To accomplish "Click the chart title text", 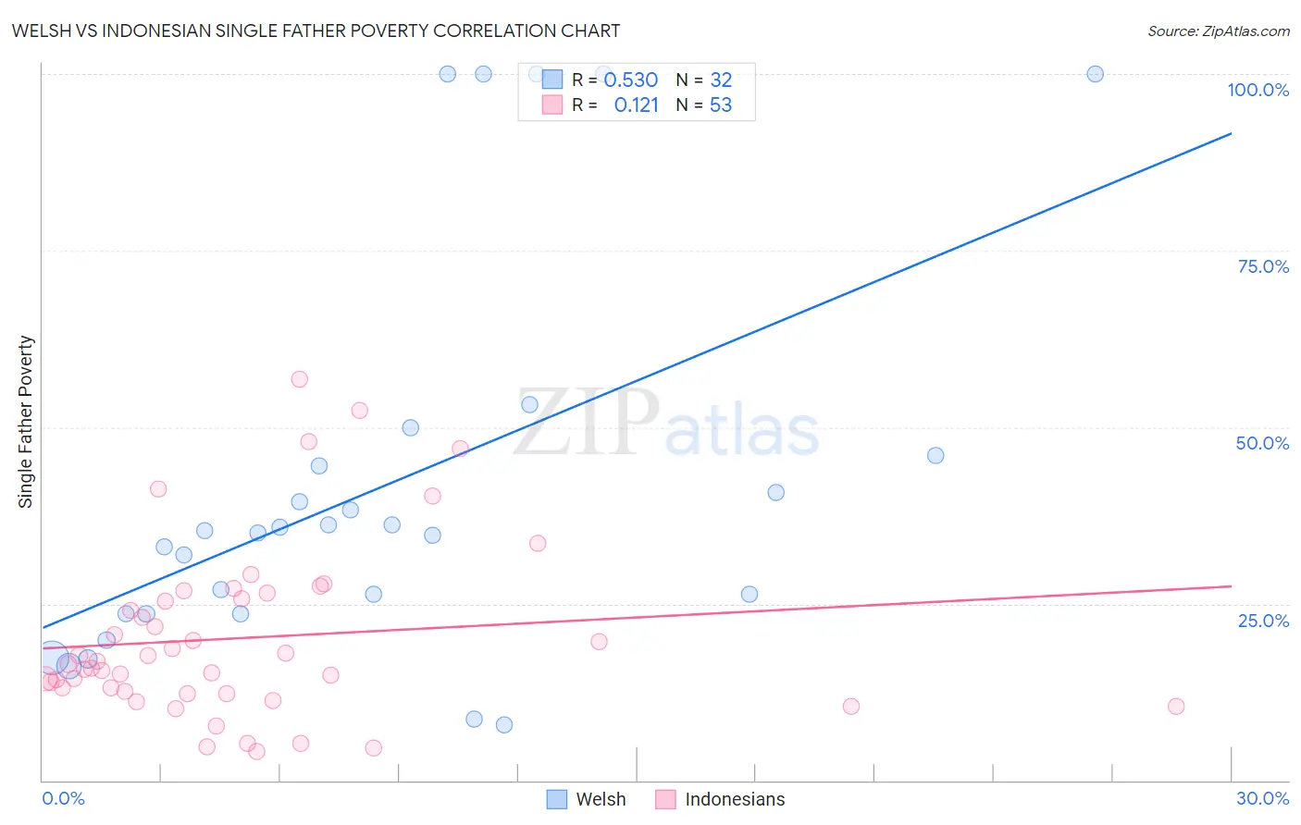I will pyautogui.click(x=316, y=31).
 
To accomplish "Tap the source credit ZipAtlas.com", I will pyautogui.click(x=1218, y=31).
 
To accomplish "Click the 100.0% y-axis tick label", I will pyautogui.click(x=1258, y=90).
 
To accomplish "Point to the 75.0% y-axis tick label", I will pyautogui.click(x=1263, y=266).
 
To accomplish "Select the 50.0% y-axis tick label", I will pyautogui.click(x=1262, y=443).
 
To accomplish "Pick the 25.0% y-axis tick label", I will pyautogui.click(x=1263, y=620).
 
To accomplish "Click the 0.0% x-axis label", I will pyautogui.click(x=63, y=798).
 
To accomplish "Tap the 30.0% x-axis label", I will pyautogui.click(x=1262, y=798).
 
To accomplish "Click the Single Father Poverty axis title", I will pyautogui.click(x=25, y=422).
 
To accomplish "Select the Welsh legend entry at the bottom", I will pyautogui.click(x=587, y=799).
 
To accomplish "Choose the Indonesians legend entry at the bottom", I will pyautogui.click(x=720, y=799).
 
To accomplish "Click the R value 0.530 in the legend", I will pyautogui.click(x=630, y=80).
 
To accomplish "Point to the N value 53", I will pyautogui.click(x=720, y=105).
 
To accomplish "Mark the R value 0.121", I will pyautogui.click(x=636, y=105).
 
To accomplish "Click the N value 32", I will pyautogui.click(x=720, y=80).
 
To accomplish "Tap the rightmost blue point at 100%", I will pyautogui.click(x=1095, y=74).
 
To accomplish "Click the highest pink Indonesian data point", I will pyautogui.click(x=299, y=379).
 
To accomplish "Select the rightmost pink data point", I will pyautogui.click(x=1176, y=707).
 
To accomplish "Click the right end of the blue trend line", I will pyautogui.click(x=1231, y=134).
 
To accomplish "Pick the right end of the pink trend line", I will pyautogui.click(x=1231, y=586).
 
